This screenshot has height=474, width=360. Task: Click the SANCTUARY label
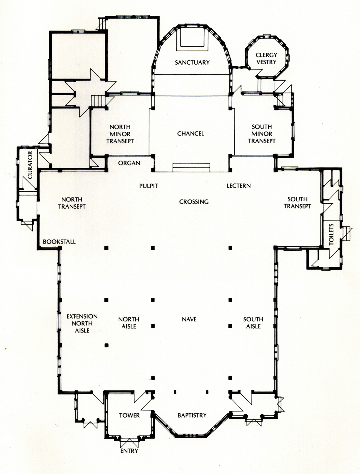[x=192, y=62]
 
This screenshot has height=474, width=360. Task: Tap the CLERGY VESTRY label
[x=266, y=59]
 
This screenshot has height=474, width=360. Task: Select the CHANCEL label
[x=191, y=134]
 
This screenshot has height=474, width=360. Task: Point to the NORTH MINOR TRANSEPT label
[x=120, y=134]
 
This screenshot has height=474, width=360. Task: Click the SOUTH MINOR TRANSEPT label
[x=262, y=134]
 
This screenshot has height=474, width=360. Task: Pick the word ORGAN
[x=129, y=163]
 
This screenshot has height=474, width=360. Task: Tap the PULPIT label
[x=149, y=186]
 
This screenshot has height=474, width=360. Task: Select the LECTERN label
[x=239, y=186]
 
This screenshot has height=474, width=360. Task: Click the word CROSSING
[x=194, y=202]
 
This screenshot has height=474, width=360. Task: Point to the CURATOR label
[x=30, y=165]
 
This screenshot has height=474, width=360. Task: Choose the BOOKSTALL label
[x=59, y=242]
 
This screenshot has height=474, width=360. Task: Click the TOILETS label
[x=331, y=234]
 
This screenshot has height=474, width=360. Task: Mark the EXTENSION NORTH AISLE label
[x=82, y=324]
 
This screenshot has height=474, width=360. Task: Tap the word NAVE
[x=189, y=320]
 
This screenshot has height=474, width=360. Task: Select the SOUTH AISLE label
[x=253, y=323]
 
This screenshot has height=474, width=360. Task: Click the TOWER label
[x=129, y=415]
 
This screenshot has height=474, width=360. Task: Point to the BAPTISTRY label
[x=192, y=415]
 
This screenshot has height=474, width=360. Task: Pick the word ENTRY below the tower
[x=129, y=451]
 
